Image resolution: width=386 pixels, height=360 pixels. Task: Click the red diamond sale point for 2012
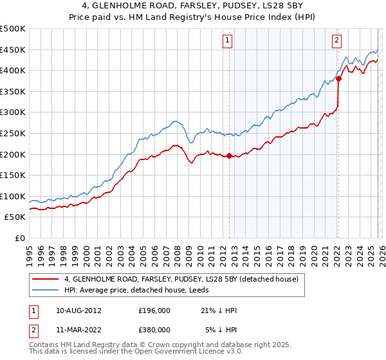tap(229, 155)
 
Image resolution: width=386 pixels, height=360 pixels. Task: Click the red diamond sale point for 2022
tap(338, 78)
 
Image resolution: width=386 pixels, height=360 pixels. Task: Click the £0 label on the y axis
tap(19, 238)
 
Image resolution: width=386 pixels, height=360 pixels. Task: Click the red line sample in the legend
tap(46, 280)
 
